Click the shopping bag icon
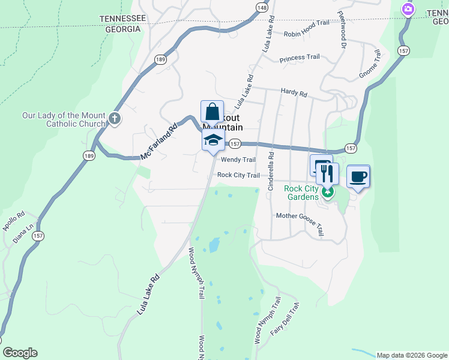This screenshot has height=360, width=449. click(212, 112)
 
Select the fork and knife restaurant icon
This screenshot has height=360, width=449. click(327, 174)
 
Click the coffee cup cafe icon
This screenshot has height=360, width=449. click(358, 176)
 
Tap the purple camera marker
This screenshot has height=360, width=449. click(408, 9)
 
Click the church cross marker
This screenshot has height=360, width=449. click(114, 119)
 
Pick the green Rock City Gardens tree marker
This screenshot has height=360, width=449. click(327, 193)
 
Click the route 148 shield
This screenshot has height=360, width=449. click(261, 7)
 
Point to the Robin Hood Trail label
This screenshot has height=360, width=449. click(306, 23)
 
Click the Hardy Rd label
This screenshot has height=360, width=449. click(294, 94)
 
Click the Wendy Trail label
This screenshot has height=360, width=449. click(238, 160)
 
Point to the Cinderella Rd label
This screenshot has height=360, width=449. click(271, 172)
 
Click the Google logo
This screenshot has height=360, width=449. click(20, 353)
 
